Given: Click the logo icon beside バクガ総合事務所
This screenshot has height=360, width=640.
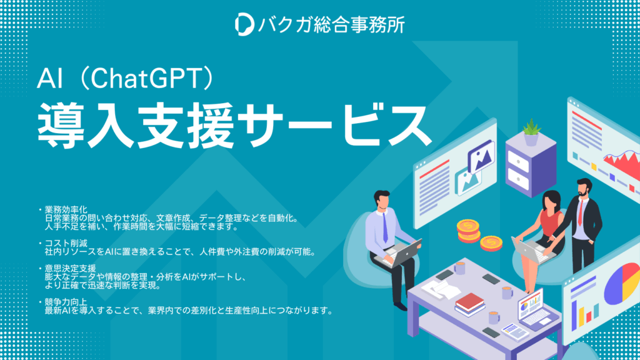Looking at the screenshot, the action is [244, 24].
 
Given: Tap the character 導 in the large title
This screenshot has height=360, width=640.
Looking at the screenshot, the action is [61, 125].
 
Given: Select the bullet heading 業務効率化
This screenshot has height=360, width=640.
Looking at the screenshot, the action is [66, 210].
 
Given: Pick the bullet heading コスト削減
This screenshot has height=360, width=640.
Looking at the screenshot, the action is [66, 244].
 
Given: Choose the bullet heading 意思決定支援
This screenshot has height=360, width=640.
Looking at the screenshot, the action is [70, 269].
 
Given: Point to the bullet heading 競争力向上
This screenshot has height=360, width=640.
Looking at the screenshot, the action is [66, 302].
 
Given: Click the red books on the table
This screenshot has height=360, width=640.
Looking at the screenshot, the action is [469, 302].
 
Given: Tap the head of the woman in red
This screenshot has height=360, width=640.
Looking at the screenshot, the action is [551, 201].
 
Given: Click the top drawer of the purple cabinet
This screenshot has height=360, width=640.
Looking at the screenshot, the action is [518, 162].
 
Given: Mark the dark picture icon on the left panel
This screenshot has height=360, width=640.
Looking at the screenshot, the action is [482, 156].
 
